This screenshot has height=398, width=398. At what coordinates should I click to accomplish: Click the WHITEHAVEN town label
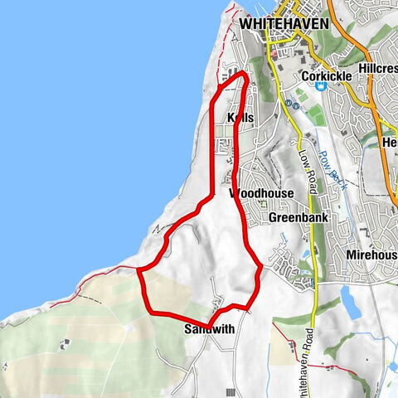coord(284,25)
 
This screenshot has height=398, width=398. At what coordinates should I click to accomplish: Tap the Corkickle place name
coord(327,76)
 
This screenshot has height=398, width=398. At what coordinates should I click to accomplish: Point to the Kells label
coord(239,119)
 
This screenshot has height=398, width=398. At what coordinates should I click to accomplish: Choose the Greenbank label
coord(299,217)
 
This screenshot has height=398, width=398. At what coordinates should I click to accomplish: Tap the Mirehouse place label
coord(372,255)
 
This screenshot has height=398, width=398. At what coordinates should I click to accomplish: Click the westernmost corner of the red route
coord(138,270)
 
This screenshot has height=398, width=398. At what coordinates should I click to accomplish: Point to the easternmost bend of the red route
coord(261,267)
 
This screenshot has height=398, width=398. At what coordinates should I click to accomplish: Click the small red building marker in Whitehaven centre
coord(270,56)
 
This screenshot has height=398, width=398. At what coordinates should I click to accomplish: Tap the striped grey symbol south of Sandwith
coord(230,391)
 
